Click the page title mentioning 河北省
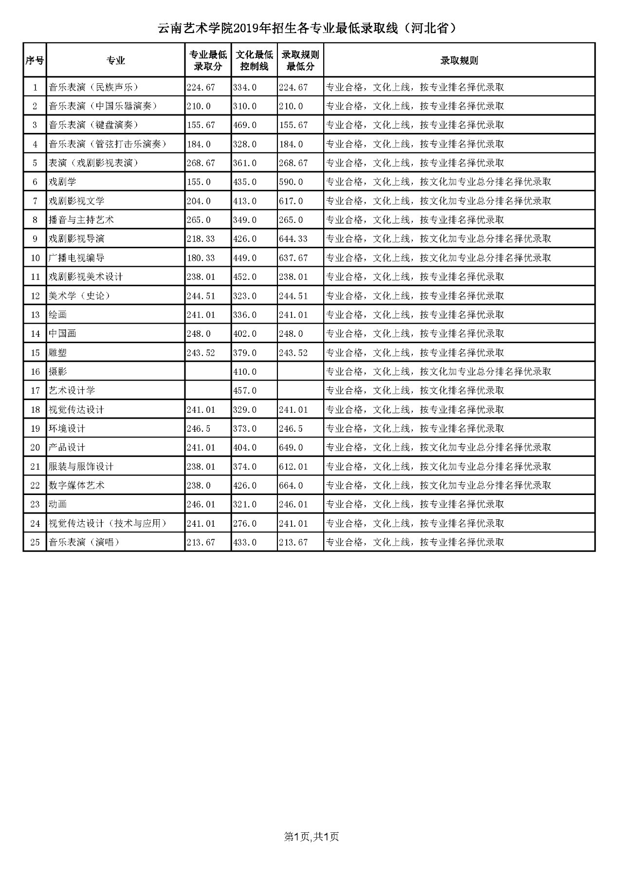pos(308,29)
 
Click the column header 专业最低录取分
pos(208,60)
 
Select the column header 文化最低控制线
pos(254,60)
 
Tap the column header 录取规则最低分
pos(300,60)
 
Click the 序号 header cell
pos(35,60)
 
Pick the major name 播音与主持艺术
pos(81,220)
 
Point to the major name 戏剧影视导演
pos(76,239)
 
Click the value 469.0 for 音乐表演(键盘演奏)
pos(245,125)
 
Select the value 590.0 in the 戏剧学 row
pos(291,182)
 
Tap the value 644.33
pos(293,239)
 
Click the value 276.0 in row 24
pos(245,524)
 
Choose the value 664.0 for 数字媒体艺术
pos(291,486)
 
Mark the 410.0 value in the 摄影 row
pos(245,372)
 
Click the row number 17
pos(35,391)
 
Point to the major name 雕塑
pos(57,353)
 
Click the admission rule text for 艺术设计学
pos(415,391)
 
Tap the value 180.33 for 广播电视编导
pos(201,258)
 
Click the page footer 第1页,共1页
pos(311,837)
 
